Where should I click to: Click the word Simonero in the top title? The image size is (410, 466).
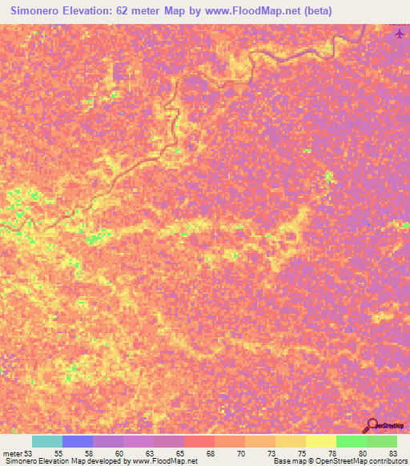pyautogui.click(x=37, y=11)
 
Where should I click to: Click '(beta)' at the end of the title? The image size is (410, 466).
pyautogui.click(x=313, y=11)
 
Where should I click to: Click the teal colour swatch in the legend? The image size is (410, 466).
pyautogui.click(x=47, y=441)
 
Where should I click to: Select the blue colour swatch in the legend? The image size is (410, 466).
pyautogui.click(x=78, y=441)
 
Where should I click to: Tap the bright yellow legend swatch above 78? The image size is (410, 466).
pyautogui.click(x=320, y=441)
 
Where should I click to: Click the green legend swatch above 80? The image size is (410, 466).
pyautogui.click(x=351, y=441)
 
